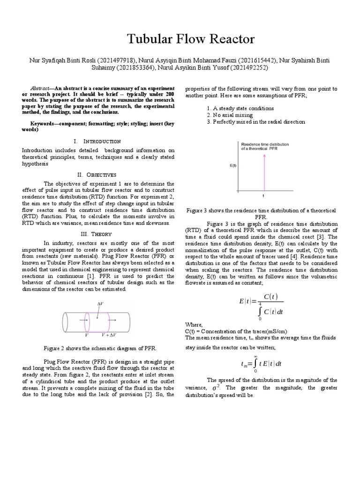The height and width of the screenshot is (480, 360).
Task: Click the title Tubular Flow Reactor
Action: coord(180,39)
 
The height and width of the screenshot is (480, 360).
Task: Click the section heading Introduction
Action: coord(102,141)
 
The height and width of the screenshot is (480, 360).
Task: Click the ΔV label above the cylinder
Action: coord(100,304)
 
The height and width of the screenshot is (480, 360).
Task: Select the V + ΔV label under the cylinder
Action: coord(109,336)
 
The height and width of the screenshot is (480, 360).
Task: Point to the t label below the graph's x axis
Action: coord(263,195)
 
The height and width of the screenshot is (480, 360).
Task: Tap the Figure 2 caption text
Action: coord(100,349)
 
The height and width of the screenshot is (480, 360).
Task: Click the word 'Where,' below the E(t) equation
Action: coord(194,324)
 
